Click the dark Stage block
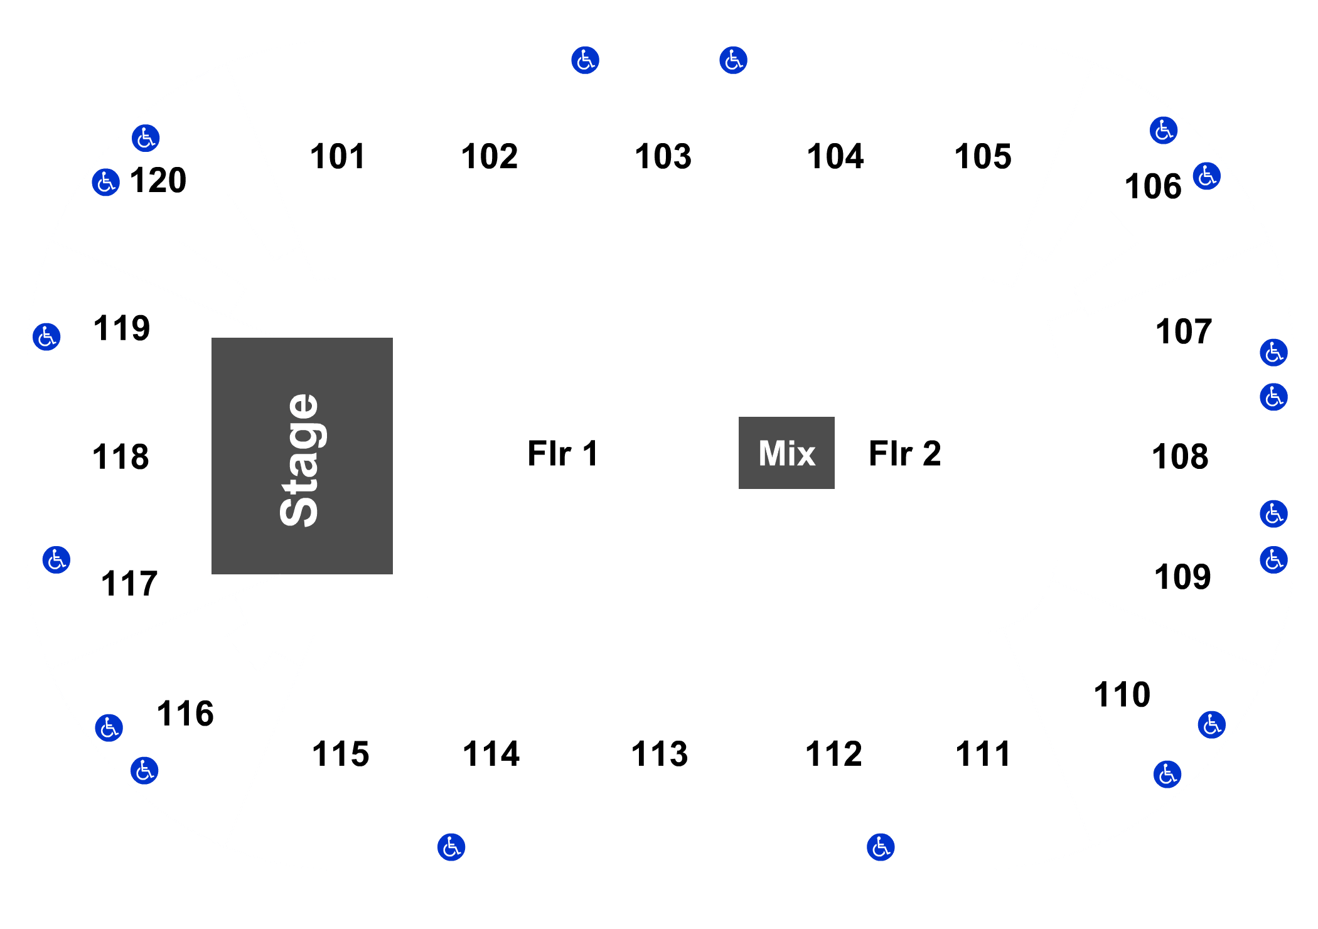302,456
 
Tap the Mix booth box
786,453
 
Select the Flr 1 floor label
563,453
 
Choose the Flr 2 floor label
905,453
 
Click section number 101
338,156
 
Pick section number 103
663,156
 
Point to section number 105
983,156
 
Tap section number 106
1153,186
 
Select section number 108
1180,456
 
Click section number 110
1122,695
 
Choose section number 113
660,754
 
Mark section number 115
341,754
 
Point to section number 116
185,714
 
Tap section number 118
121,457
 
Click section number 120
158,181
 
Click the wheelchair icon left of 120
106,183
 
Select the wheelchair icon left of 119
46,337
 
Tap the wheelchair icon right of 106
1207,176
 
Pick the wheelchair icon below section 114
451,847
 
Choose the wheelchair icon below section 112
881,847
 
